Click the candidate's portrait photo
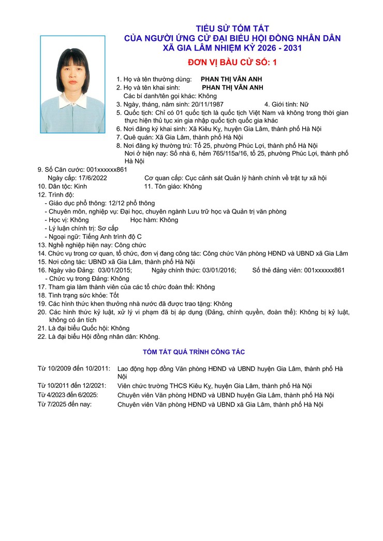point(72,84)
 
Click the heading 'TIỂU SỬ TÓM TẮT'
point(232,28)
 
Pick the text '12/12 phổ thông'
point(132,203)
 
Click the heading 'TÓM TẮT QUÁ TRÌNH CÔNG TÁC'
point(194,352)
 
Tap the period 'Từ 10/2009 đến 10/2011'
point(73,368)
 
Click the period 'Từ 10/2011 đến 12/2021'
point(73,385)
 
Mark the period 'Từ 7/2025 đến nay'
point(65,403)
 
